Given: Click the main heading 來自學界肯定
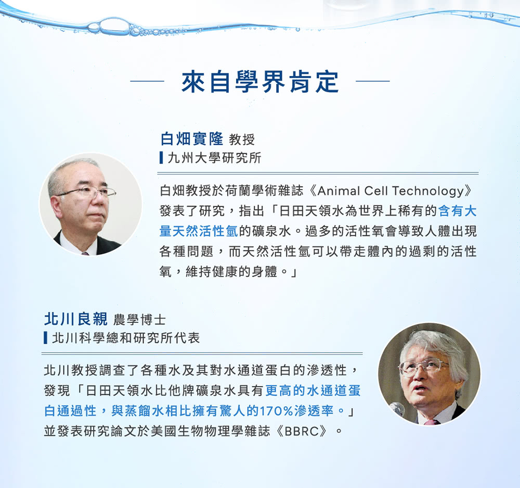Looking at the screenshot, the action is point(260,81).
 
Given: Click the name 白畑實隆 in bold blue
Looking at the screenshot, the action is point(192,139).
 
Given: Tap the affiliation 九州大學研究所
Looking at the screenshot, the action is point(215,158).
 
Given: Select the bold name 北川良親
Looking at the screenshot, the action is point(75,319).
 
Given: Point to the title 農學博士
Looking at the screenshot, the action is point(139,320).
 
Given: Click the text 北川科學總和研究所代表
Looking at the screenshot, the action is point(126,338).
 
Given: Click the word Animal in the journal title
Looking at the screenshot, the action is point(339,191).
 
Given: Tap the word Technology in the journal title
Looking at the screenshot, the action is point(428,191).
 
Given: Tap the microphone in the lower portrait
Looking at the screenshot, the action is point(397,409).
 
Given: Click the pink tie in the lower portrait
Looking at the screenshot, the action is point(432,422).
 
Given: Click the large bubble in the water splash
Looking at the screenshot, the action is point(113,25).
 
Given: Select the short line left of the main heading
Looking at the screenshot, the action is point(147,81).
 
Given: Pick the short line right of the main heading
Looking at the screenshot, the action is point(373,81).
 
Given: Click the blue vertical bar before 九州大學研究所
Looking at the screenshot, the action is point(161,158).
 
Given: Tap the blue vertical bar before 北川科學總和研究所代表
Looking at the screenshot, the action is point(45,338).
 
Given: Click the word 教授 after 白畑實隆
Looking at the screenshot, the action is point(242,140).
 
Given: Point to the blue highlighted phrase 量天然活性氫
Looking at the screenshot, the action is point(198,231).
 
